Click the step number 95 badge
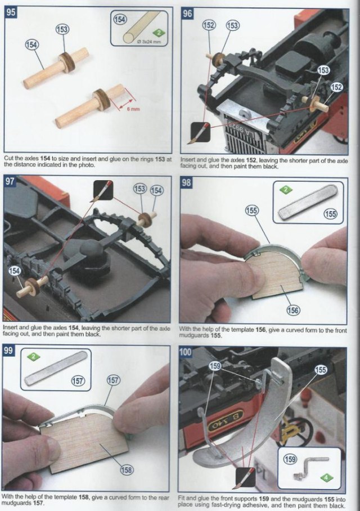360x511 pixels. (11, 12)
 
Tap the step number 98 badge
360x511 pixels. (186, 182)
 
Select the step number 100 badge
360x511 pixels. (186, 352)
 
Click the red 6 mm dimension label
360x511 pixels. (133, 109)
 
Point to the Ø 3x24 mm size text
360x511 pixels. (150, 42)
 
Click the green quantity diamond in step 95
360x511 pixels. (159, 33)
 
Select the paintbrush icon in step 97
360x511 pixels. (103, 190)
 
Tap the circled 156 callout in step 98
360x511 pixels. (293, 310)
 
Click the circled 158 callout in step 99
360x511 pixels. (127, 469)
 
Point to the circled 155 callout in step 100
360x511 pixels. (321, 370)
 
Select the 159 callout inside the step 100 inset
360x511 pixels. (290, 459)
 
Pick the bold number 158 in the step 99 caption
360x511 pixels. (84, 497)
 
